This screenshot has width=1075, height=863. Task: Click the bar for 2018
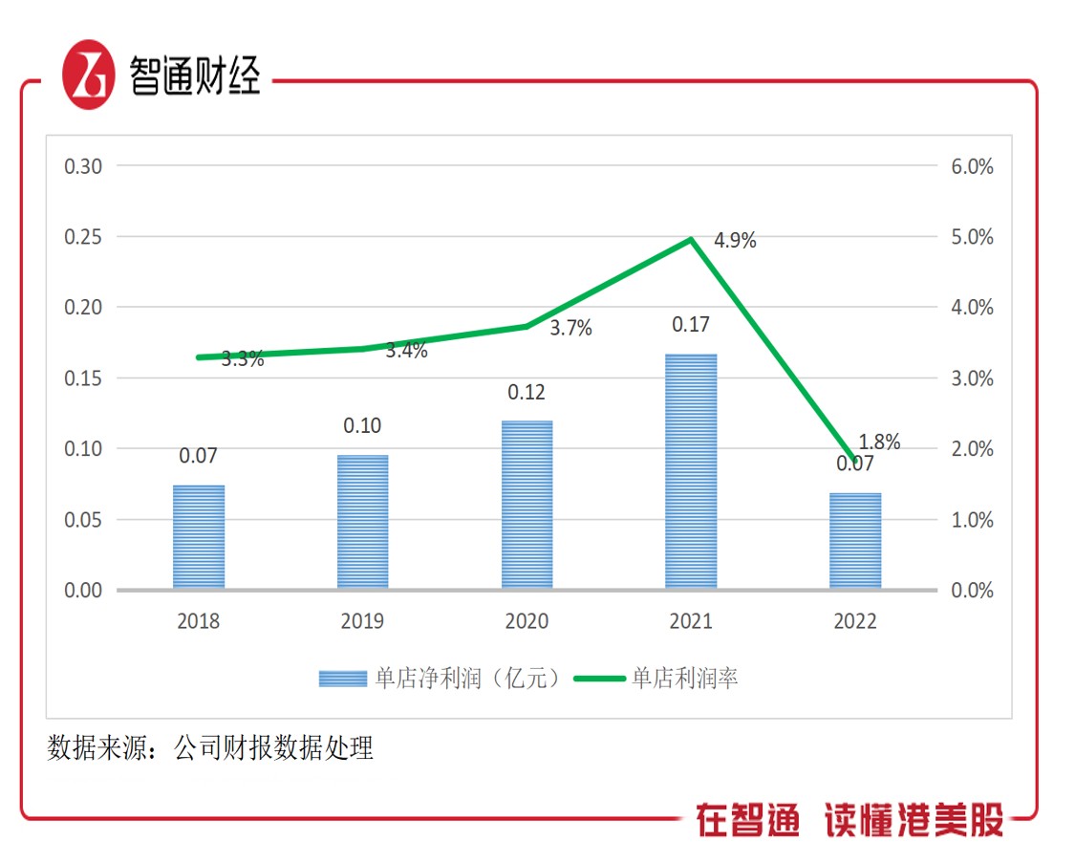(199, 536)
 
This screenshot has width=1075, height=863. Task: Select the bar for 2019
(362, 521)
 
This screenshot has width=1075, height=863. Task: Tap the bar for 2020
(527, 504)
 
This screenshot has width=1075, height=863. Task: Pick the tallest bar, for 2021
(691, 470)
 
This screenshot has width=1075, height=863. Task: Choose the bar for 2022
(855, 540)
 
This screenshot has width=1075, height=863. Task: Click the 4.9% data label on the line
(735, 241)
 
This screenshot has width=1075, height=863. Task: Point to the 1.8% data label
(880, 442)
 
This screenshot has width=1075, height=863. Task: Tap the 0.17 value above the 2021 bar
(691, 325)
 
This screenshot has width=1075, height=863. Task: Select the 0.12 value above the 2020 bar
(527, 392)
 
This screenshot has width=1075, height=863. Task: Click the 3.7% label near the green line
(570, 329)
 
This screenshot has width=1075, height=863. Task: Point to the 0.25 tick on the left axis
(83, 237)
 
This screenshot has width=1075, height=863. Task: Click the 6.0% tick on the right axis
(972, 166)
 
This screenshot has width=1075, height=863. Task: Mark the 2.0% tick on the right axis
(972, 449)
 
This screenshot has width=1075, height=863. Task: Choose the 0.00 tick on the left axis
(83, 591)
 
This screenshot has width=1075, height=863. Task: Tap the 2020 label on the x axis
(527, 621)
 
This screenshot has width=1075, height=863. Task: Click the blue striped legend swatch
(342, 679)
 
